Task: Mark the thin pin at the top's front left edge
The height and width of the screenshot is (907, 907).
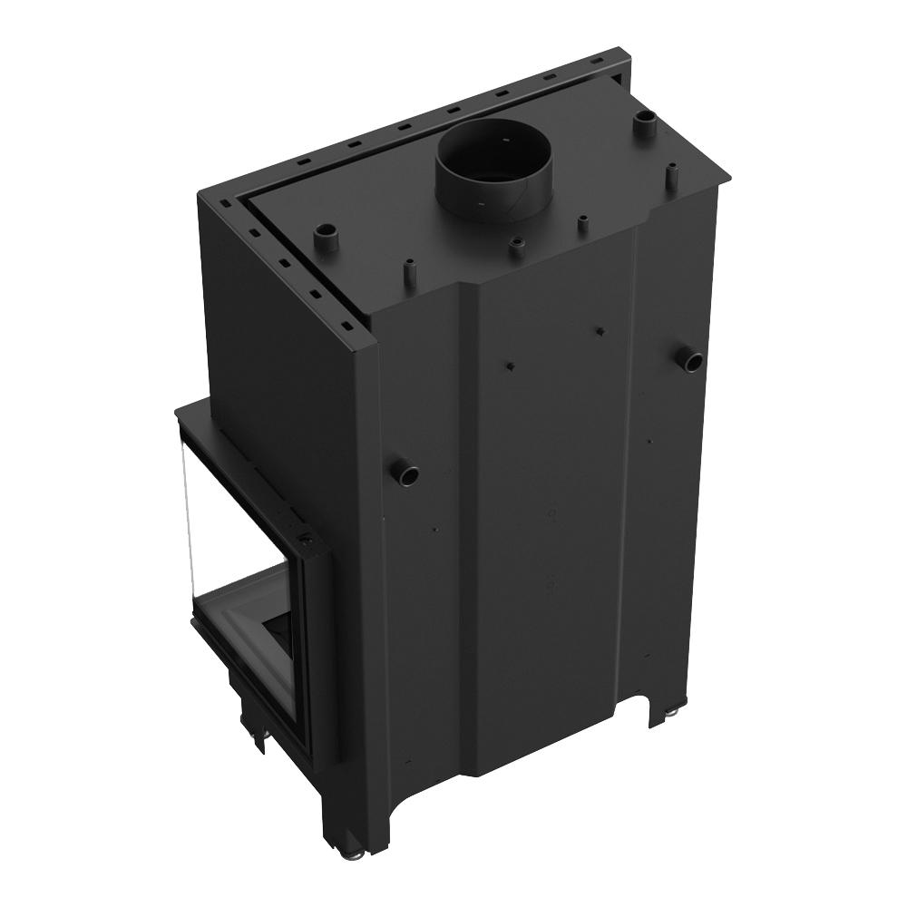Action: pyautogui.click(x=407, y=271)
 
